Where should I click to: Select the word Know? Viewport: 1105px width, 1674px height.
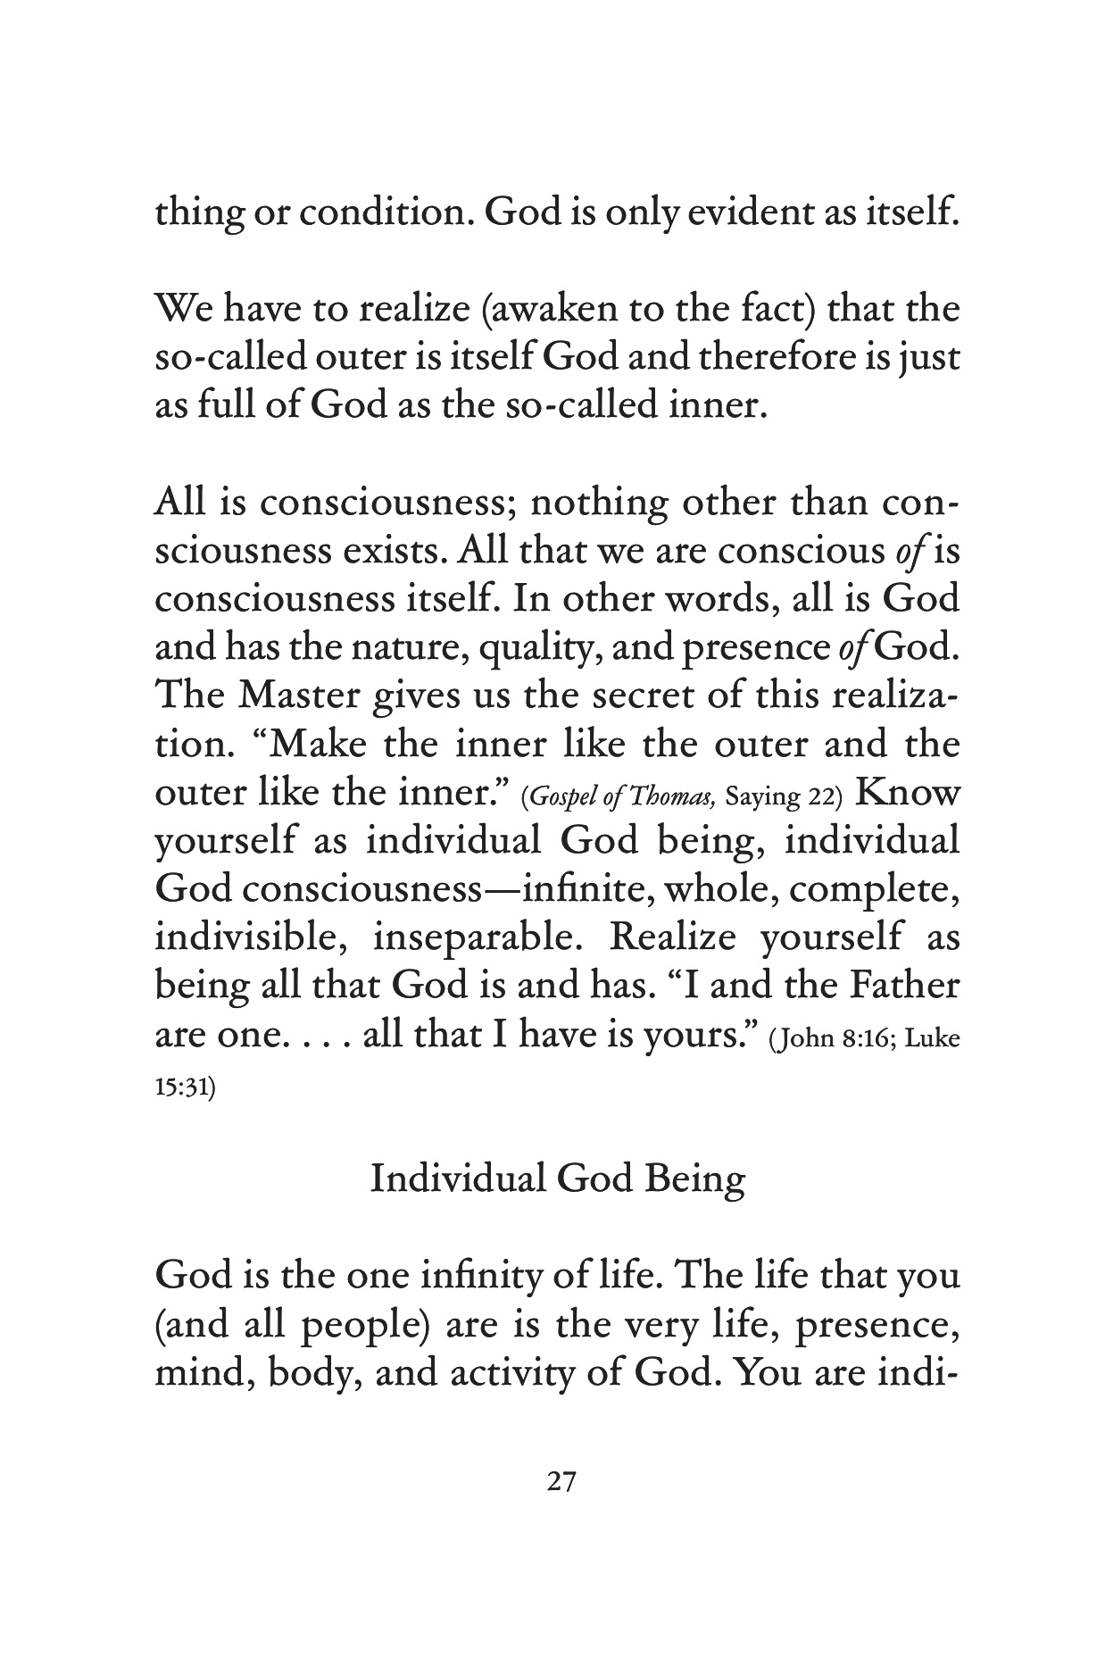click(x=910, y=792)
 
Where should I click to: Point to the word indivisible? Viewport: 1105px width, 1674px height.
click(x=246, y=937)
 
